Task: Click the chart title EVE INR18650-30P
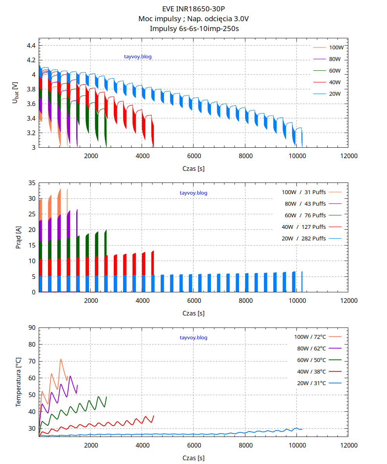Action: pos(193,9)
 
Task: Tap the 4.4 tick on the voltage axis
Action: pos(31,46)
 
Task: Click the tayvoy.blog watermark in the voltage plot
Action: pos(138,57)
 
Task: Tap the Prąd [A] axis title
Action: pos(18,237)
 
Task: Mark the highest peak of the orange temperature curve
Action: pos(61,359)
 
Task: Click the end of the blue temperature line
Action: pos(302,429)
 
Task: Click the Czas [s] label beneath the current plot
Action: pos(193,313)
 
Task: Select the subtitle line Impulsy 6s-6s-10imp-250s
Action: pos(193,28)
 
